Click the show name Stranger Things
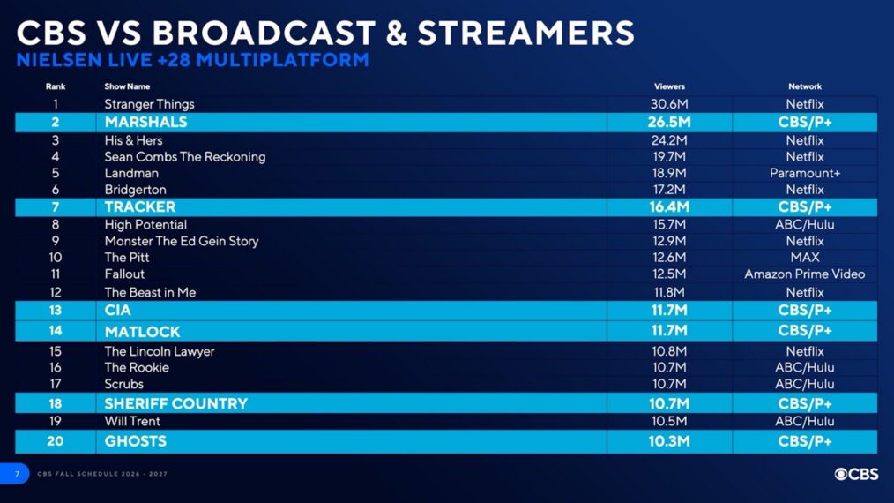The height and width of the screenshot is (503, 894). [x=149, y=104]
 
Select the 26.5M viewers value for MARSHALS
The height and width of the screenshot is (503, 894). [x=669, y=123]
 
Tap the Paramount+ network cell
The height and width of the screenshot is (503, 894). [x=804, y=173]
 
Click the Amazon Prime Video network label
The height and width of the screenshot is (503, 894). [x=804, y=274]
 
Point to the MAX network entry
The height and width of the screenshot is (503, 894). [x=804, y=258]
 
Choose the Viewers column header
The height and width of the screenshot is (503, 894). [x=669, y=86]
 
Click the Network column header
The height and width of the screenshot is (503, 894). [x=804, y=86]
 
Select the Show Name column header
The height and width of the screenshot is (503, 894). [x=127, y=86]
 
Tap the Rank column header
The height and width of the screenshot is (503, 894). [x=56, y=86]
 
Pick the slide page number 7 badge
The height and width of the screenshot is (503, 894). [x=16, y=474]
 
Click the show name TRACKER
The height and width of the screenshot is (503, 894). [x=140, y=207]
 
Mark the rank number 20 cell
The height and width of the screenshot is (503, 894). [x=56, y=441]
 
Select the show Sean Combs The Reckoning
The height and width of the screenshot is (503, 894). [x=184, y=157]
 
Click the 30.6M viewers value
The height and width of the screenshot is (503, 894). [x=669, y=104]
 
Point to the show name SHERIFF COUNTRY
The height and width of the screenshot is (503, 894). [x=175, y=404]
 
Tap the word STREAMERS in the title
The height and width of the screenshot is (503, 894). [x=525, y=34]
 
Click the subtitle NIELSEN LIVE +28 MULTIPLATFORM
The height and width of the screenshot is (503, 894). [x=192, y=61]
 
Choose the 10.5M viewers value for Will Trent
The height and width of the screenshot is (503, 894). [x=669, y=422]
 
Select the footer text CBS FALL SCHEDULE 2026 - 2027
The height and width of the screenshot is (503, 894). [x=102, y=475]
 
